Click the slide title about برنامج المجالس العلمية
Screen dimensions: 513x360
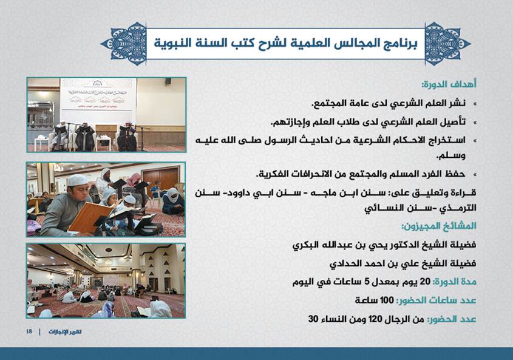(285, 43)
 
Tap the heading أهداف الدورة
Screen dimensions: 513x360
(449, 84)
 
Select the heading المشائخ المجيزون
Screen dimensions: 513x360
(439, 226)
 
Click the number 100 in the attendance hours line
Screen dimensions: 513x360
(387, 300)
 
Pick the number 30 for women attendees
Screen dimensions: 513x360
(313, 319)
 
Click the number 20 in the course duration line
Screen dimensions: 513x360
(425, 282)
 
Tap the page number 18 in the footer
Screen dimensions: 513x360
(29, 331)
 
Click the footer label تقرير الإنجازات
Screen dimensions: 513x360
(65, 331)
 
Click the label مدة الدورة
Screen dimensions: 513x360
(455, 282)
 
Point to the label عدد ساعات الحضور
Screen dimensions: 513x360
(436, 301)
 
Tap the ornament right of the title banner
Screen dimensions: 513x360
(447, 44)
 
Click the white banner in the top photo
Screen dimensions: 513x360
(98, 95)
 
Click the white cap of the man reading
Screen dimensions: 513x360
(78, 180)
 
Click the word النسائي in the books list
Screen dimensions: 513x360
(381, 208)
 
